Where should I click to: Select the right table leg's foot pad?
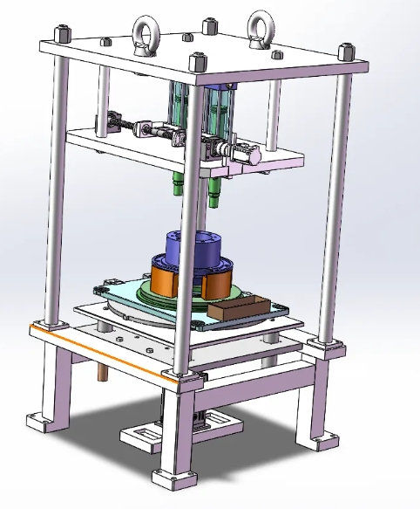pyautogui.click(x=325, y=442)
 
